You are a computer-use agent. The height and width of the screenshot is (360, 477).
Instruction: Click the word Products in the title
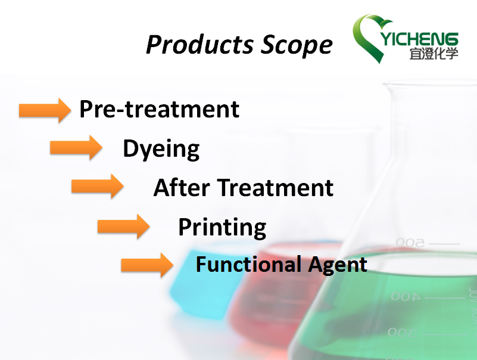click(x=199, y=45)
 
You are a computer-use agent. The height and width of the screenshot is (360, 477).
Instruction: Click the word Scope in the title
click(x=297, y=45)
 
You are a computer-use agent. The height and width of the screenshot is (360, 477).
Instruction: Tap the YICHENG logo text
click(x=419, y=39)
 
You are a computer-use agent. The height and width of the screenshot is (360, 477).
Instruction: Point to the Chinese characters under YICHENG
click(x=434, y=54)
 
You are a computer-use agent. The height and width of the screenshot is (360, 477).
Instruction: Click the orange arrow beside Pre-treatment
click(x=45, y=110)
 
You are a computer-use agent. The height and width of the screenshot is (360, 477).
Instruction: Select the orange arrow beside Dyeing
click(x=76, y=147)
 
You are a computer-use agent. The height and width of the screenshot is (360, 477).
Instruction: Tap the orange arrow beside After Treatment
click(x=97, y=186)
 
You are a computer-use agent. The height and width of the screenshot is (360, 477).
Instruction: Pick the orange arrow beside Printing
click(x=123, y=226)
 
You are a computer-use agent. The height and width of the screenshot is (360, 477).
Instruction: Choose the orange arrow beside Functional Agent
click(x=147, y=265)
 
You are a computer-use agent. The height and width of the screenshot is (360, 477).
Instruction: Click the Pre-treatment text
click(x=160, y=109)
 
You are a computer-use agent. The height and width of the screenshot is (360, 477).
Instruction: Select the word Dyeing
click(x=161, y=148)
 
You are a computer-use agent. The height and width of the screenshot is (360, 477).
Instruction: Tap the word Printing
click(x=222, y=227)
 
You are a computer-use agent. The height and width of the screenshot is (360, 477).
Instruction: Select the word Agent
click(x=338, y=265)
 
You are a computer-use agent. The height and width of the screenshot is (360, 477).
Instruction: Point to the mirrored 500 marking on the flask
click(x=410, y=243)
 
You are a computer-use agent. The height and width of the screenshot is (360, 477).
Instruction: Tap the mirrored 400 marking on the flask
click(x=405, y=296)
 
